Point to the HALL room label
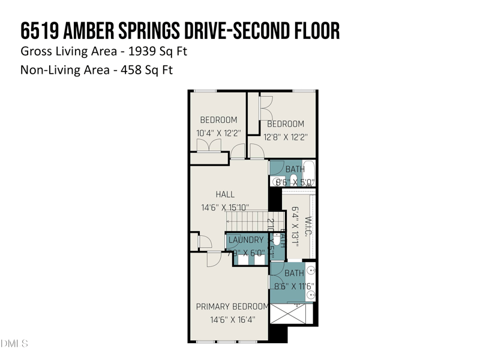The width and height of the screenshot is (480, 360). point(225,194)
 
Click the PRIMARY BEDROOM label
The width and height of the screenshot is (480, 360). point(232,307)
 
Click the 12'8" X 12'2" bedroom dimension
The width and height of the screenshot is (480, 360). point(286,136)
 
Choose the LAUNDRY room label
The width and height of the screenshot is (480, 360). point(246,240)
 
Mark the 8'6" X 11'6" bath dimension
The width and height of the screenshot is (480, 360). point(294,286)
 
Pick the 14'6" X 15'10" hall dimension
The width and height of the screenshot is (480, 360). point(225,208)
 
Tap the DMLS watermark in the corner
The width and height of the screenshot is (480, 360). point(14,344)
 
